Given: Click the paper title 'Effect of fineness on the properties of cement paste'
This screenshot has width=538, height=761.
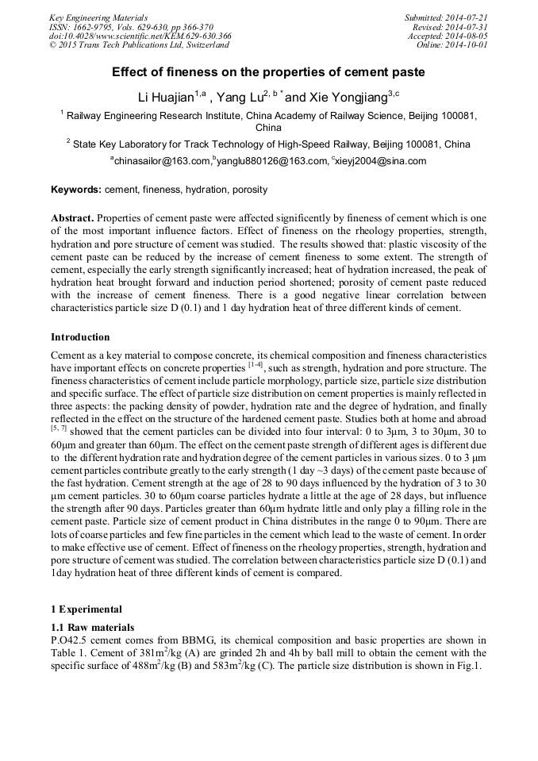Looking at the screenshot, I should pos(268,72).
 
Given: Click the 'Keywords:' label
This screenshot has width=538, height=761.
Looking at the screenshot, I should pos(76,190).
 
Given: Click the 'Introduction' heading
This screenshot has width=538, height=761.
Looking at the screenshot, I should pos(80,337).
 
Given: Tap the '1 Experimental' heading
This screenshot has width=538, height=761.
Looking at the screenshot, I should pos(86,609).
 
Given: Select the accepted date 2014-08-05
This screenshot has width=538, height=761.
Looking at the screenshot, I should pos(463,36).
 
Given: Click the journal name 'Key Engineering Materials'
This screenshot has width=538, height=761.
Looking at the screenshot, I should pos(98,17).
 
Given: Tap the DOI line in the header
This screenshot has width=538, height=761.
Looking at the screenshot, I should pos(140,36).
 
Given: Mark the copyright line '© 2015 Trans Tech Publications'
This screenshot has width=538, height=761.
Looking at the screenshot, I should pos(139,45).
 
